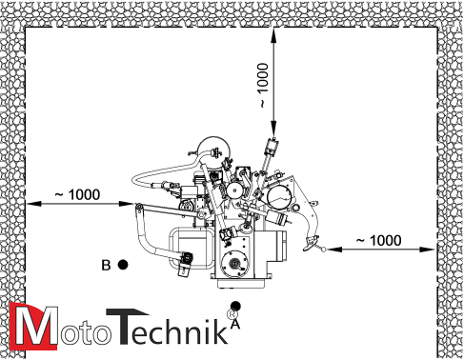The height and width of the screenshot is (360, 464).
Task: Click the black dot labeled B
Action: pyautogui.click(x=123, y=265)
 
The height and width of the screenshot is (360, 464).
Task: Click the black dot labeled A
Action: pyautogui.click(x=235, y=306)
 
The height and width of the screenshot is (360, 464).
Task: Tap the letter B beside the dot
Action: pyautogui.click(x=106, y=265)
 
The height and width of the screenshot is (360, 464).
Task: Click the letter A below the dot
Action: pyautogui.click(x=235, y=324)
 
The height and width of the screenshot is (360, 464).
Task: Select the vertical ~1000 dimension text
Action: pyautogui.click(x=263, y=85)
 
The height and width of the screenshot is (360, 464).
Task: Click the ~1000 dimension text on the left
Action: pyautogui.click(x=77, y=194)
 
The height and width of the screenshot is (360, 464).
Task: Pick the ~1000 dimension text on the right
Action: pyautogui.click(x=378, y=240)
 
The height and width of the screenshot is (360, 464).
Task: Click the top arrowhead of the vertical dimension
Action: pyautogui.click(x=273, y=34)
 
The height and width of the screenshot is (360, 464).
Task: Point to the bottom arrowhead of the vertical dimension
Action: pyautogui.click(x=273, y=130)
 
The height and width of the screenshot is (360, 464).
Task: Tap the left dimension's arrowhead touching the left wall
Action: pyautogui.click(x=33, y=204)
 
